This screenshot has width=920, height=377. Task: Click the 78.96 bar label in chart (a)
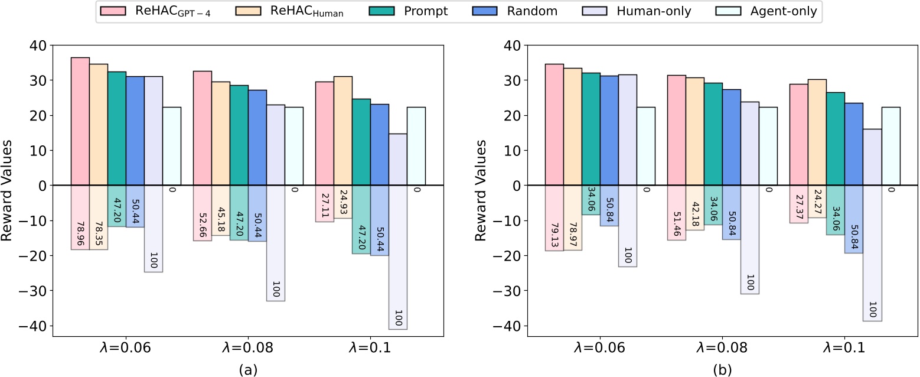coord(80,234)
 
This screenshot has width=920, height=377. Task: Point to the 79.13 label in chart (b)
coord(554,235)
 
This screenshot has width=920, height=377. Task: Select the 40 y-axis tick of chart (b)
coord(514,45)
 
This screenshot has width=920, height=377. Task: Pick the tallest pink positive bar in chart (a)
coord(80,121)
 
